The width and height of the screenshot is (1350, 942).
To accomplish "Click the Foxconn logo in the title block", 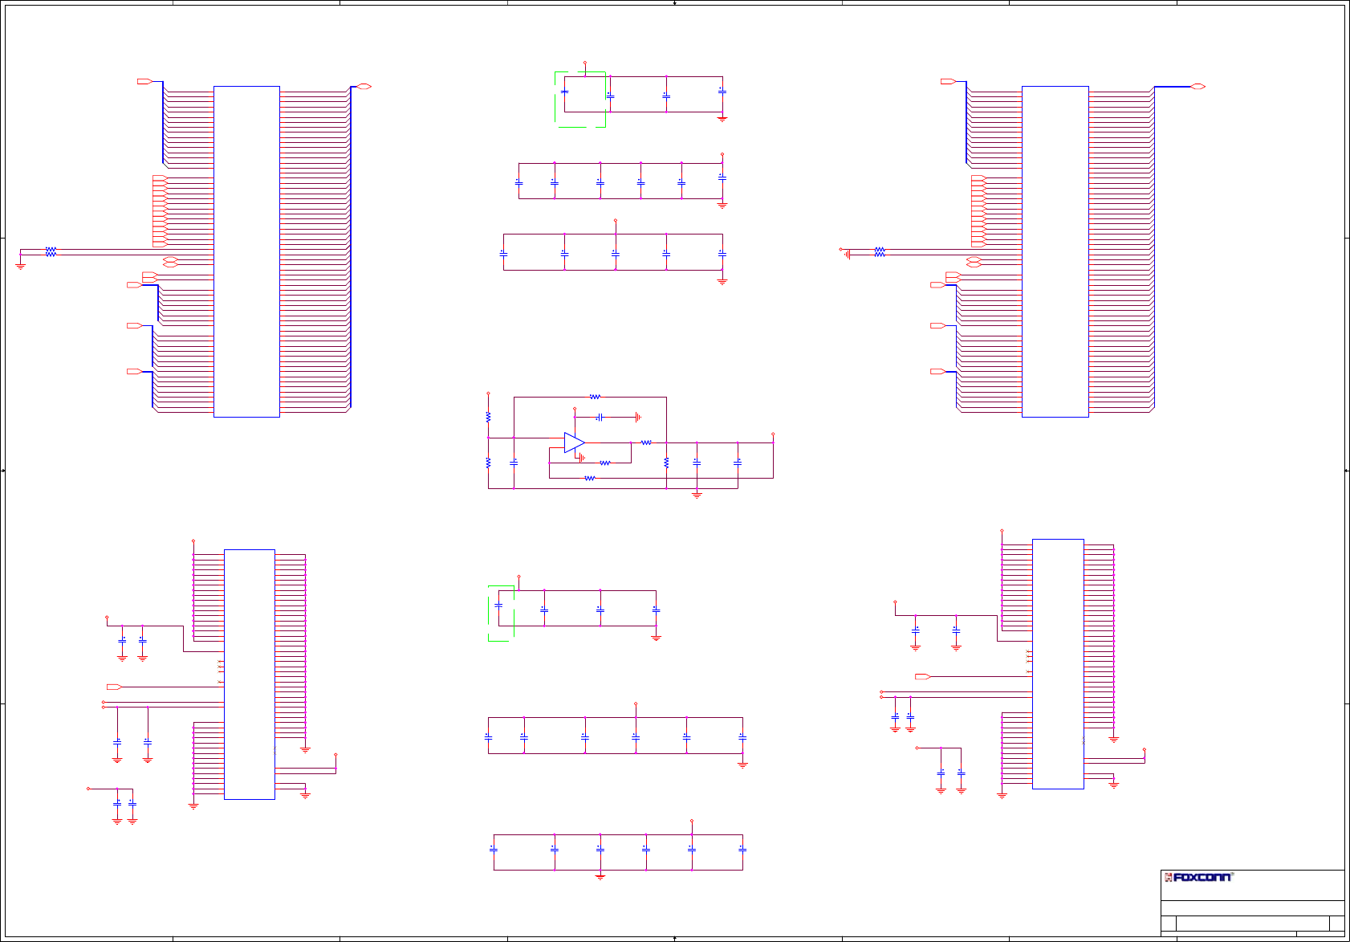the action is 1198,877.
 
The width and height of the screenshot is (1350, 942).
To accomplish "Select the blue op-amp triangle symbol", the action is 574,442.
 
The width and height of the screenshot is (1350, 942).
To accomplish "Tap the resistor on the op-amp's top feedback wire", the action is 595,397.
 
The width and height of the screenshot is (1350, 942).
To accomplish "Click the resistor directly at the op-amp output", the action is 646,442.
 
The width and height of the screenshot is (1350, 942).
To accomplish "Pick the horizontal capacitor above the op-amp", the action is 600,418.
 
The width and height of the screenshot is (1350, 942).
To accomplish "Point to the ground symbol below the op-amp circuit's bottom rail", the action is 697,495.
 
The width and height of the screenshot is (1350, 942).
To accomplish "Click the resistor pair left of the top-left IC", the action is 51,251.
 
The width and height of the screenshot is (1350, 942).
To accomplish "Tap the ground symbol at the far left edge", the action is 20,264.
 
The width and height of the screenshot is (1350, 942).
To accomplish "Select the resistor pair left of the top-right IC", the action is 880,251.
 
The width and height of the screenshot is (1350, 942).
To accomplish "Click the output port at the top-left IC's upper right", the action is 364,86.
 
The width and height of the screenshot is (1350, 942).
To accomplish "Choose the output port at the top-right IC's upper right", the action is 1198,86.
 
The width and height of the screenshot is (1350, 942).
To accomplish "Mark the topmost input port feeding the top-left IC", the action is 144,81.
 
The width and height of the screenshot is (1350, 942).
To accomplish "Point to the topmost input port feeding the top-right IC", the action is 947,81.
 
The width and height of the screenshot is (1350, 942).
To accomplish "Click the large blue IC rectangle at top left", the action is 246,251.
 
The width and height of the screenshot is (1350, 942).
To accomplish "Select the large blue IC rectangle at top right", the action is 1055,251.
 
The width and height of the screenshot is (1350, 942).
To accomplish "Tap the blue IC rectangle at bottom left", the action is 249,674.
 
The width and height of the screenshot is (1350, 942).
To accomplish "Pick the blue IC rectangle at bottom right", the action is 1058,663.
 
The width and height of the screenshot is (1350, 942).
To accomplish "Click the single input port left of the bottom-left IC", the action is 114,687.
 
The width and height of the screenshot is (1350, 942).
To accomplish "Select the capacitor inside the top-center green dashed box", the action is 564,92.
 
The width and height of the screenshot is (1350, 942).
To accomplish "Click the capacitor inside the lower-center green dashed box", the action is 498,606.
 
